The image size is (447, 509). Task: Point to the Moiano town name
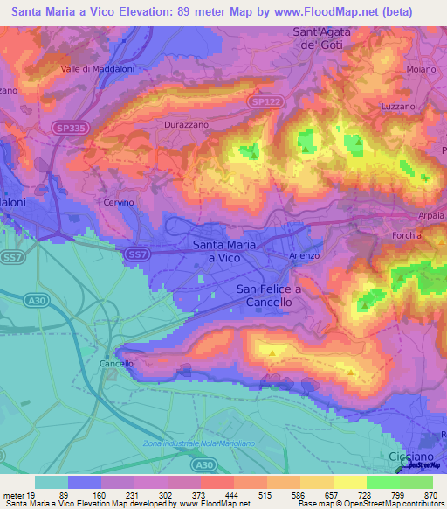(422, 68)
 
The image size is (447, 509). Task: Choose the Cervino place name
(117, 202)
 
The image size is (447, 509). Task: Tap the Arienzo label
(305, 255)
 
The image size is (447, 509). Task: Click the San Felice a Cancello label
(269, 296)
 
